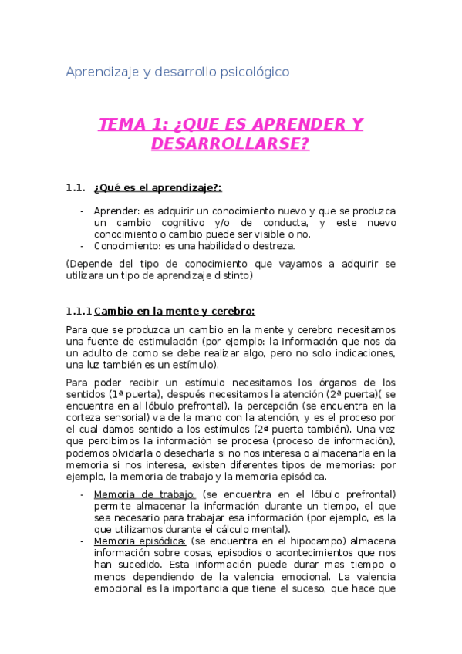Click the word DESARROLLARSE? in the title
point(231,144)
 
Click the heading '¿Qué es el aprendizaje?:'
point(157,187)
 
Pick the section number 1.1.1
point(79,312)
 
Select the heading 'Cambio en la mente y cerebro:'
point(174,312)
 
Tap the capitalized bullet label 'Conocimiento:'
point(127,246)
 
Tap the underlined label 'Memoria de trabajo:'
point(144,494)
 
